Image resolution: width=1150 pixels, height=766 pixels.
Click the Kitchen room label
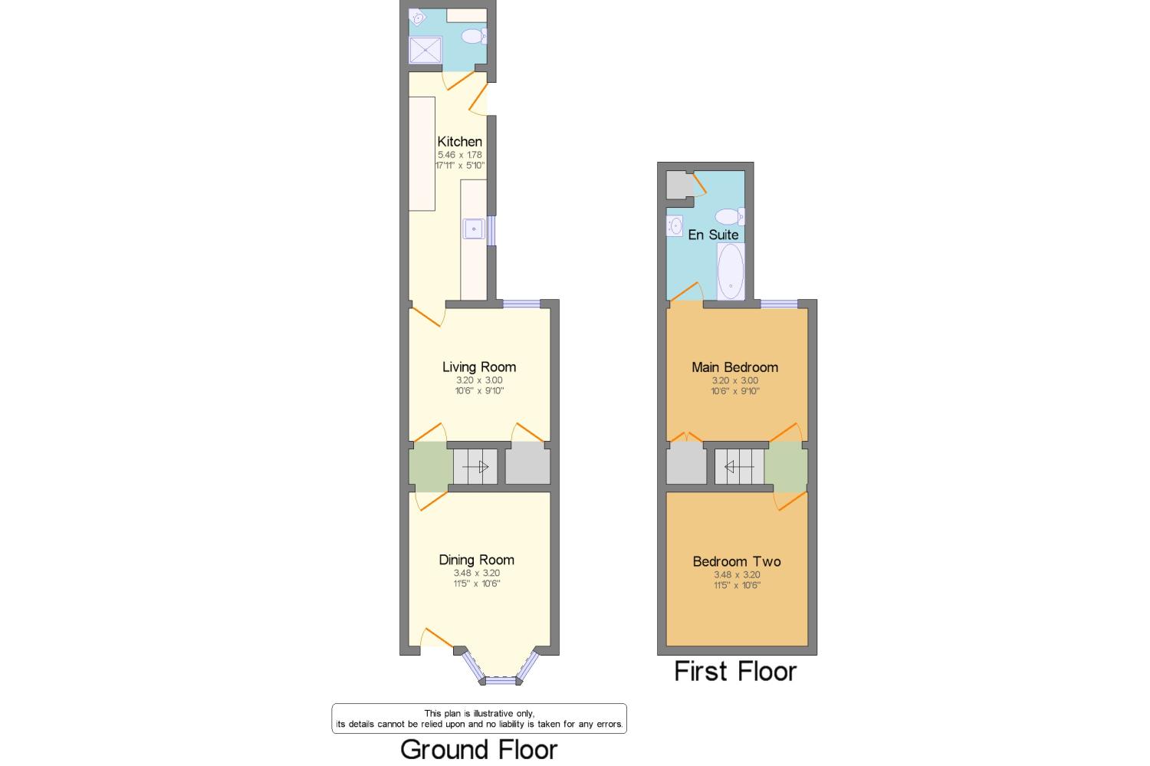pos(459,142)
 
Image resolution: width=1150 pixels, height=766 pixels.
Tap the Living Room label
pos(479,367)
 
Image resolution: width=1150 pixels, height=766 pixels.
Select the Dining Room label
pos(476,560)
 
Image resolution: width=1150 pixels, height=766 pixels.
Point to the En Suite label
pos(713,235)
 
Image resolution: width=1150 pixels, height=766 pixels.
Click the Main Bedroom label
pos(734,367)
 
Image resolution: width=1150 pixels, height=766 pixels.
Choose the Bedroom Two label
pos(737,562)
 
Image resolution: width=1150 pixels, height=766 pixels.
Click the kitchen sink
pos(473,229)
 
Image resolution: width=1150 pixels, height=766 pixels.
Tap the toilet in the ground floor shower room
pos(474,36)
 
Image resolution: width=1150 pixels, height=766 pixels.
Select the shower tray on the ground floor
pos(425,50)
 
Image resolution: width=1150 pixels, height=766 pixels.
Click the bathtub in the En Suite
pos(731,271)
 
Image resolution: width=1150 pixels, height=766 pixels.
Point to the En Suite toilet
pos(730,217)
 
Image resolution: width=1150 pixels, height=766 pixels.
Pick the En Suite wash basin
pos(675,225)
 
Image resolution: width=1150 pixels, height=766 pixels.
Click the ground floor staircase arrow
pos(475,467)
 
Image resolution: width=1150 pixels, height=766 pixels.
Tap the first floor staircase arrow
pos(739,467)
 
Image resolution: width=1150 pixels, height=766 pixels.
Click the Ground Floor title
pos(478,750)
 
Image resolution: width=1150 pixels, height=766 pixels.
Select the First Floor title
pos(735,672)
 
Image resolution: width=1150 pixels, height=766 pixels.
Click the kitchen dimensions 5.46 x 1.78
pos(459,155)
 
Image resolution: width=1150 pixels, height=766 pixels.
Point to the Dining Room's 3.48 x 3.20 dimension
pos(476,573)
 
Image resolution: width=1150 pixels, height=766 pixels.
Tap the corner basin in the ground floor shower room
pos(417,18)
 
